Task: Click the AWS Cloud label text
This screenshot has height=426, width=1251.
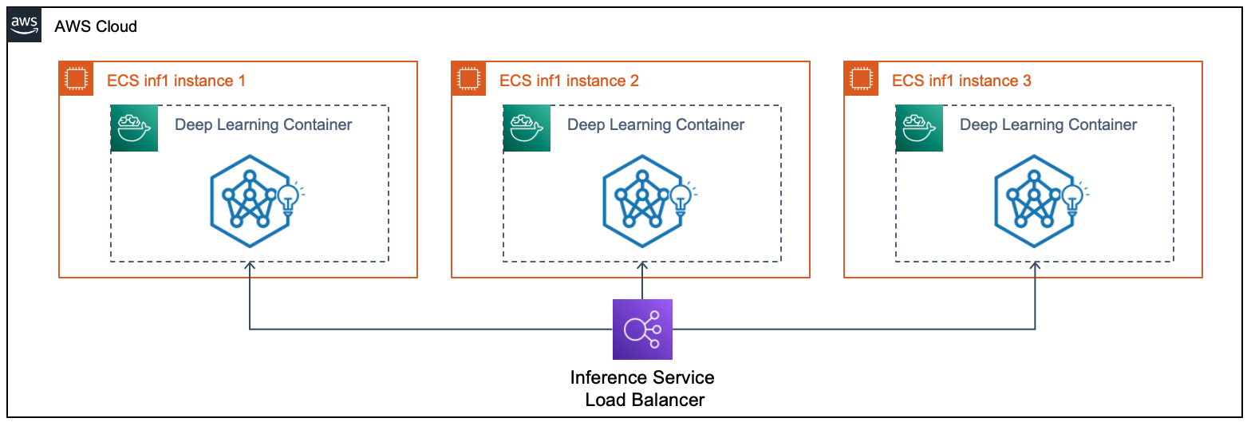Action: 96,26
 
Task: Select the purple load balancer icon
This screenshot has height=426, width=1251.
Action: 642,329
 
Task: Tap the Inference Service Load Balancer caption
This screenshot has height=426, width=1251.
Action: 643,388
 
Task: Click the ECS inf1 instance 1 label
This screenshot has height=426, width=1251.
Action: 176,81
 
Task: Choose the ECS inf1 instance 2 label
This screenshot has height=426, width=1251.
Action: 569,81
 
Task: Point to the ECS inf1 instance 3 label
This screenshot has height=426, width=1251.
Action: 961,81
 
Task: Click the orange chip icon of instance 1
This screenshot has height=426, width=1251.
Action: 76,79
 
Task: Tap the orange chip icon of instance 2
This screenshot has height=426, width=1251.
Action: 468,79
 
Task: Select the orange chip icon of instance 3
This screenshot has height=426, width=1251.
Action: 861,79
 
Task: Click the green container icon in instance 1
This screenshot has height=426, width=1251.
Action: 134,128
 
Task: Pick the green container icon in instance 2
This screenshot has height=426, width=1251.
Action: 527,128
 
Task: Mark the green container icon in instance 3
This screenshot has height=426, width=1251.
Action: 919,128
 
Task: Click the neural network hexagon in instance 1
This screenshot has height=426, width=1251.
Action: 249,202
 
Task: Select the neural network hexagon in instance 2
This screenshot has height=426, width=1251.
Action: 641,202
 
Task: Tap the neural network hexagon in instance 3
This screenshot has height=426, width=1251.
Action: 1034,202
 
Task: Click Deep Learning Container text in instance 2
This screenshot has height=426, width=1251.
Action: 656,124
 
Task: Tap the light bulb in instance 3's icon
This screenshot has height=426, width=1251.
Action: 1072,195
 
